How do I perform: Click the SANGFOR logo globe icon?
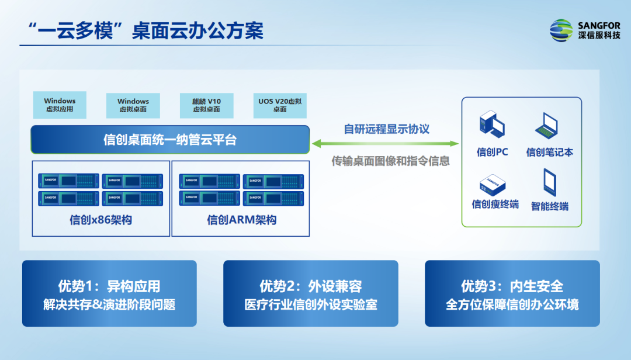click(561, 30)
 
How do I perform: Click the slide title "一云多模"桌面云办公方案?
click(141, 30)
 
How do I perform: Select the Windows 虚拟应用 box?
click(60, 105)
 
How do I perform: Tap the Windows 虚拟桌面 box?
click(133, 105)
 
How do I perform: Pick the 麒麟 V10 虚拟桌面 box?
click(206, 105)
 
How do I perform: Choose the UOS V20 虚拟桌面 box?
click(280, 105)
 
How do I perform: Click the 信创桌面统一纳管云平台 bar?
click(170, 140)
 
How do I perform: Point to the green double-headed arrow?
click(385, 143)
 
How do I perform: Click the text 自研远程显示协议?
click(386, 129)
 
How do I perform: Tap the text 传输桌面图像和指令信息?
click(391, 161)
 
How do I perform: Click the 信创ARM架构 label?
click(241, 220)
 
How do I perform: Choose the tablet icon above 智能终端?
click(549, 182)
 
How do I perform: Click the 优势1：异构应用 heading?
click(109, 286)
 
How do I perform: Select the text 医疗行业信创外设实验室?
click(310, 305)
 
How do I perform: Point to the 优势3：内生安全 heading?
click(512, 286)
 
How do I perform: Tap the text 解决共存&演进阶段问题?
click(109, 305)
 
